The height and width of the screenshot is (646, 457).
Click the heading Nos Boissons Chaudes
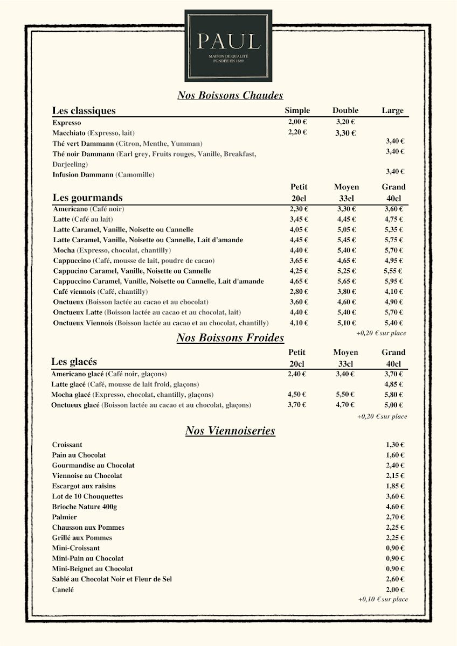(x=230, y=96)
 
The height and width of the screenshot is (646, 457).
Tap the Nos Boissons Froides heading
(x=230, y=338)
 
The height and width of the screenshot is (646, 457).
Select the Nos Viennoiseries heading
(x=230, y=431)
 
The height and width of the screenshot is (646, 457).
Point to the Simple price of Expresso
(x=297, y=122)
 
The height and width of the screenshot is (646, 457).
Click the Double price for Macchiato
(x=345, y=133)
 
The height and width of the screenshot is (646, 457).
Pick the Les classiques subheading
(x=84, y=111)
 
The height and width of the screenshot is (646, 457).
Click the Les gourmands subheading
(x=87, y=197)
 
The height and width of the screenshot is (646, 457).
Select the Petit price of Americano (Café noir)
(x=299, y=209)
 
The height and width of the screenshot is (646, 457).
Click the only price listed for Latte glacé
(x=394, y=384)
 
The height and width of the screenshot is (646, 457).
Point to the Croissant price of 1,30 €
(x=395, y=445)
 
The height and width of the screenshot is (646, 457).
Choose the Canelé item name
(x=63, y=589)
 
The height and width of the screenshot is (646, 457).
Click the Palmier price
(x=395, y=517)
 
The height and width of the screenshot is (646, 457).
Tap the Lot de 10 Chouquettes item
(x=87, y=496)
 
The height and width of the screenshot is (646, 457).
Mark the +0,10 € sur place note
(x=383, y=599)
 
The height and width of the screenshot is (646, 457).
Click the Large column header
(x=392, y=111)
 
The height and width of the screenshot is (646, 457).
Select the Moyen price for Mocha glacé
(x=345, y=395)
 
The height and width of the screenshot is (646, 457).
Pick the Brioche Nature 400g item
(x=85, y=507)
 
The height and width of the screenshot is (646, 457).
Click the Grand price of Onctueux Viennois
(x=394, y=323)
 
